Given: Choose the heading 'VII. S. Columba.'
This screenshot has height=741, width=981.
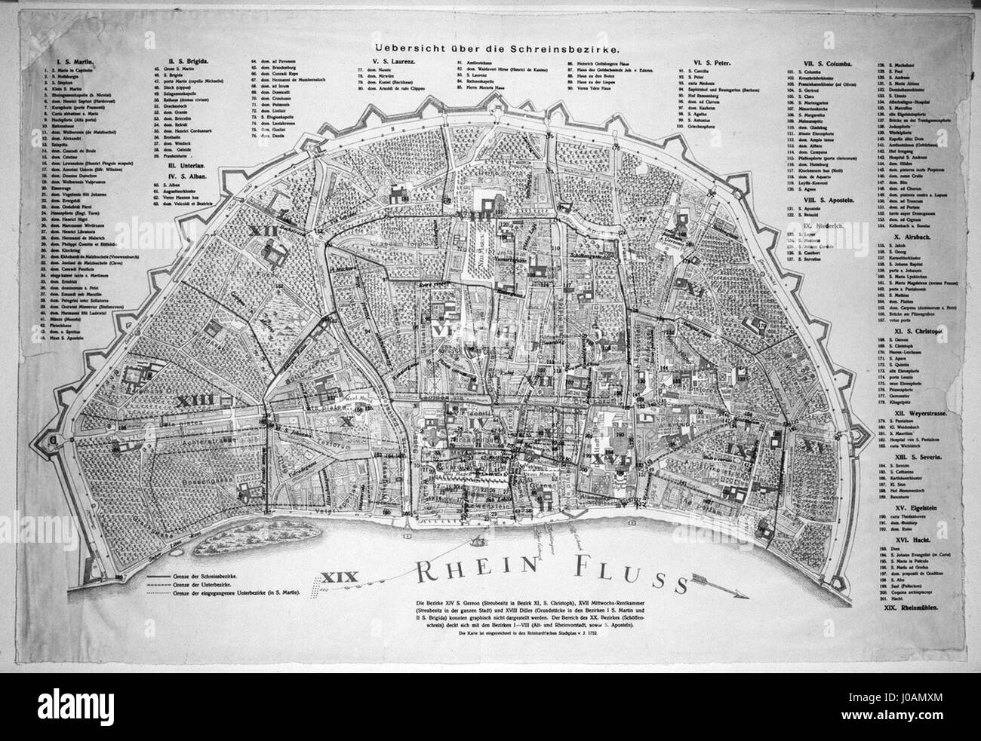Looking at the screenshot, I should point(825,60).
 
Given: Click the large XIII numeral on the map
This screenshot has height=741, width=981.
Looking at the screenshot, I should point(198,400).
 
